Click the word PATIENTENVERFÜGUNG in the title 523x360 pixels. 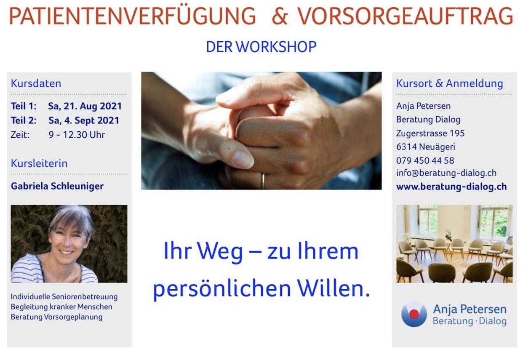[132, 16]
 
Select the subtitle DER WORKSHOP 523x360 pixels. [261, 47]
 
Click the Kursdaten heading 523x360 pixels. [36, 83]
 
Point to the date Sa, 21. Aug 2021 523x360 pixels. [85, 107]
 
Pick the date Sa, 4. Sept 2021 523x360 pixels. [84, 120]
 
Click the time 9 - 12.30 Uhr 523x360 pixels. [77, 135]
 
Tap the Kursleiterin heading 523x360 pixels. [39, 163]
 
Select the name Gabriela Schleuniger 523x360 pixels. [57, 186]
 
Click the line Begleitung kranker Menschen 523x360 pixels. [61, 307]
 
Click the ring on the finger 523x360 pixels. [262, 181]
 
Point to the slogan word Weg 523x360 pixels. [220, 251]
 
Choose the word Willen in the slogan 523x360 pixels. [333, 288]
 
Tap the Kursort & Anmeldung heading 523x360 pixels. [449, 83]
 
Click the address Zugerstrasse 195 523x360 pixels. [430, 133]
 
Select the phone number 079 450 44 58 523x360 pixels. [425, 160]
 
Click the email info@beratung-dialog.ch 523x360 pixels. [446, 173]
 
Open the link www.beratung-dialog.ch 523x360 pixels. [451, 187]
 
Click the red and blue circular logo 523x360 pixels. [414, 315]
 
